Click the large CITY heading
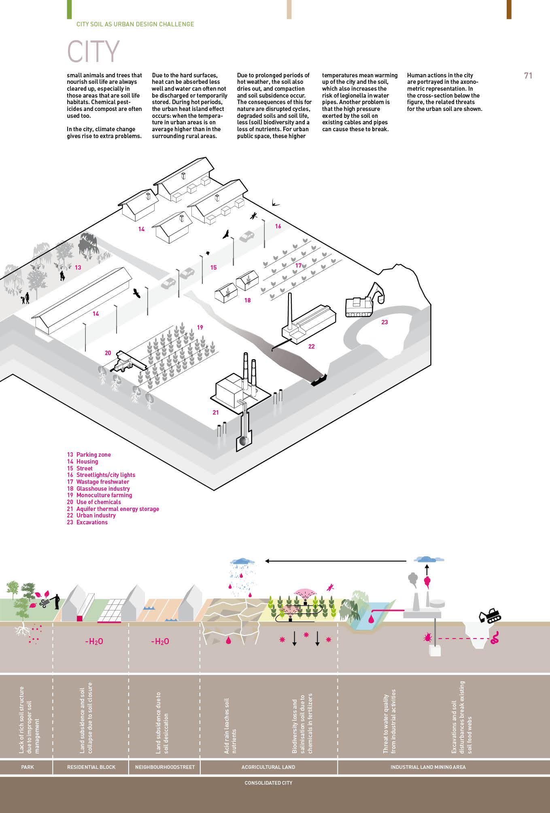[93, 51]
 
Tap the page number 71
[528, 76]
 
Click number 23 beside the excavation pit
[384, 322]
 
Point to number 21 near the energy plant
[215, 413]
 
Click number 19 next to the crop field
[200, 328]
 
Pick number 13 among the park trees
[78, 268]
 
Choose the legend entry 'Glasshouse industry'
[103, 489]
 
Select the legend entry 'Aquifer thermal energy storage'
[117, 509]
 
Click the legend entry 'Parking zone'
[93, 455]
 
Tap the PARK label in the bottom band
[28, 767]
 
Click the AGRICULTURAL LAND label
[268, 767]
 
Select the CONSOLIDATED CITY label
[268, 783]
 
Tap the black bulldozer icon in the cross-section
[490, 615]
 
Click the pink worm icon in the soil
[494, 638]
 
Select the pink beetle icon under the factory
[427, 638]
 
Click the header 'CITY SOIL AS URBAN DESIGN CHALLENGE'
[135, 24]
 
